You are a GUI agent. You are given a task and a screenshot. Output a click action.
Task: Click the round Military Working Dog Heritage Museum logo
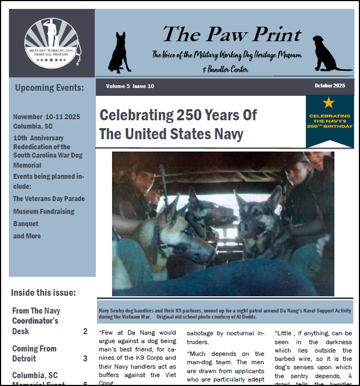tap(52, 43)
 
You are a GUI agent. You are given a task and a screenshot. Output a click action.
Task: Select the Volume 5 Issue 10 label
tap(130, 86)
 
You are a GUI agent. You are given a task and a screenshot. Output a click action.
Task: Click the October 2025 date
tap(329, 86)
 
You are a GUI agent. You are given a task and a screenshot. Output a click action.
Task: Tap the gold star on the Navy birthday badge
tap(329, 102)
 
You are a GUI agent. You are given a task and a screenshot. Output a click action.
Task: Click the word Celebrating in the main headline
tap(136, 115)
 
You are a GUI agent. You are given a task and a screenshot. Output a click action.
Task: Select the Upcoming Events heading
tap(50, 87)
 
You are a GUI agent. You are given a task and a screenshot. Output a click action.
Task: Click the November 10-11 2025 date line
tap(47, 117)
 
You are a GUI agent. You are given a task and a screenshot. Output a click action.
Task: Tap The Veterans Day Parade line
tap(49, 198)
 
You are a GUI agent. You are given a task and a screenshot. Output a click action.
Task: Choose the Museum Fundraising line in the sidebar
tap(43, 212)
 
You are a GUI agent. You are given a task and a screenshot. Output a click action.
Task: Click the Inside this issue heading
tap(43, 292)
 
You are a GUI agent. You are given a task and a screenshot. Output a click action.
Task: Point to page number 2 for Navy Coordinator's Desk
tap(85, 331)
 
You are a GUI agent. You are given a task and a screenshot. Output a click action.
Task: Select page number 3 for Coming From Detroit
tap(85, 359)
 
